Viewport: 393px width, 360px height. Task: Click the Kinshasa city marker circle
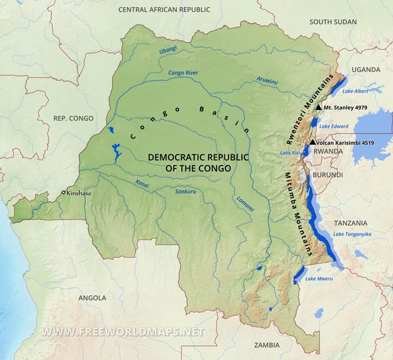tap(63, 193)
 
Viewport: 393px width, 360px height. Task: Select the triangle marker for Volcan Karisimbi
tap(312, 143)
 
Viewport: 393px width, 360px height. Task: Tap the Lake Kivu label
tap(290, 153)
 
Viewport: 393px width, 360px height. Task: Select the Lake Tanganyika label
tap(352, 234)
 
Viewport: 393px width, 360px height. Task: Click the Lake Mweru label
tap(319, 278)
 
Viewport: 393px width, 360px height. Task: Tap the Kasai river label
tap(142, 183)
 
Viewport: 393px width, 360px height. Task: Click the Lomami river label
tap(245, 204)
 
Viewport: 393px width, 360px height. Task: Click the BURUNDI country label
tap(328, 175)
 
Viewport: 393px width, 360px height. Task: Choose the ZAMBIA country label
tap(267, 345)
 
